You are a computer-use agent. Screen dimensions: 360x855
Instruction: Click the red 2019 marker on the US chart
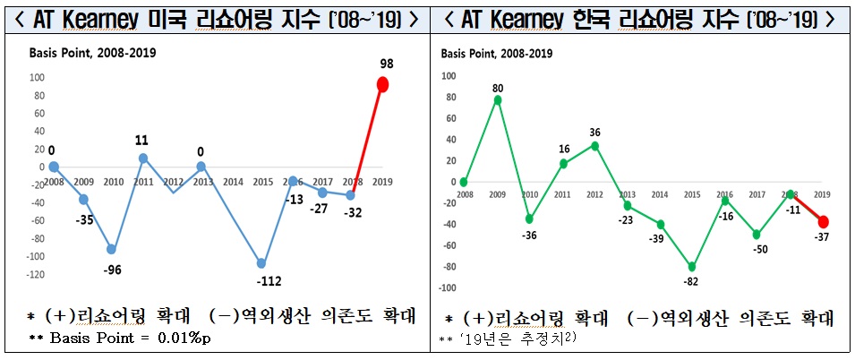(x=382, y=85)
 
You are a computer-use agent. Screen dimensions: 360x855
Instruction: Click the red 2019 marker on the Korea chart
(x=822, y=222)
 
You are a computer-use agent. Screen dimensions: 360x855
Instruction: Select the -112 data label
(x=268, y=281)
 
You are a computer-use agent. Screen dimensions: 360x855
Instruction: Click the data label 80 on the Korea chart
(x=498, y=88)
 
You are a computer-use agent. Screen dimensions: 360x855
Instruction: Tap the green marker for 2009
(x=498, y=99)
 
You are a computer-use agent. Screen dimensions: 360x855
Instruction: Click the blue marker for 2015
(x=261, y=263)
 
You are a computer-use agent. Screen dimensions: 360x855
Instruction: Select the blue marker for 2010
(x=112, y=249)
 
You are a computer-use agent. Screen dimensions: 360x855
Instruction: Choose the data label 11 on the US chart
(x=141, y=140)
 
